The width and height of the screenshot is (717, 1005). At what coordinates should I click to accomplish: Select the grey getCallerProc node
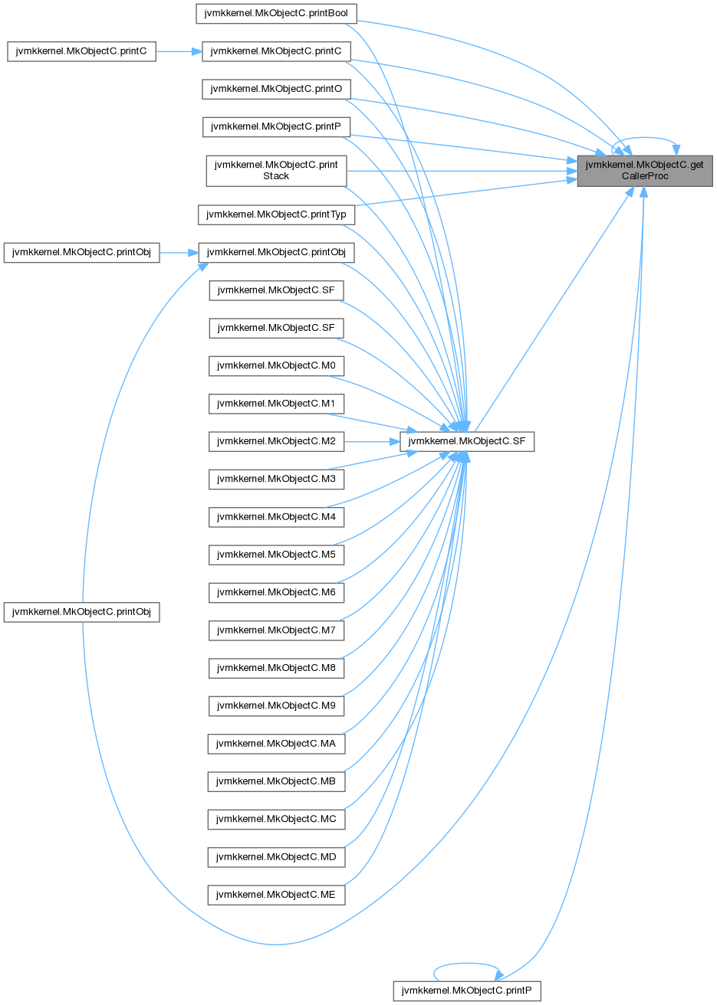pos(644,170)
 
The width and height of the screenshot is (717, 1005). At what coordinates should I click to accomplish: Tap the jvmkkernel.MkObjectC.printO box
pos(276,89)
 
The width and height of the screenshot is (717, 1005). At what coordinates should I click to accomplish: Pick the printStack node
pos(276,170)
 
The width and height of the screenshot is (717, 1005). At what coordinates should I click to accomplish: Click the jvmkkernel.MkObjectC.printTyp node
pos(276,215)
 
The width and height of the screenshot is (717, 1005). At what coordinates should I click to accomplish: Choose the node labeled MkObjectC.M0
pos(276,366)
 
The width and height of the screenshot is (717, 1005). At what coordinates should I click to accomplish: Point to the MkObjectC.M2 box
pos(276,441)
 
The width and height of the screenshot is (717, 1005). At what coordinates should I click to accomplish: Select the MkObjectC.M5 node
pos(276,554)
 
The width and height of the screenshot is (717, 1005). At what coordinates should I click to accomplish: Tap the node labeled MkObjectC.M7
pos(276,630)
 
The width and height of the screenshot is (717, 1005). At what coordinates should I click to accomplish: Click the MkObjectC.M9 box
pos(276,705)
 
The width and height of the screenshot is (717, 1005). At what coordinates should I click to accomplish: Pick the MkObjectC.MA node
pos(276,742)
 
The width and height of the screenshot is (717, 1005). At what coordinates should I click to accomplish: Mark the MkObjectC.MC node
pos(276,818)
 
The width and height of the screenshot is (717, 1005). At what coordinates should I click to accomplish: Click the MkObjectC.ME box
pos(276,893)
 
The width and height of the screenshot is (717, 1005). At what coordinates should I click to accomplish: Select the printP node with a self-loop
pos(467,990)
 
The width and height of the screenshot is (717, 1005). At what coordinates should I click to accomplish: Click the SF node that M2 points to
pos(467,441)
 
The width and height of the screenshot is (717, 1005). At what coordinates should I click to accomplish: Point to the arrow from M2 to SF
pos(372,441)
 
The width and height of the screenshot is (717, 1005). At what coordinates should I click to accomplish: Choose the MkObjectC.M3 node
pos(276,479)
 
